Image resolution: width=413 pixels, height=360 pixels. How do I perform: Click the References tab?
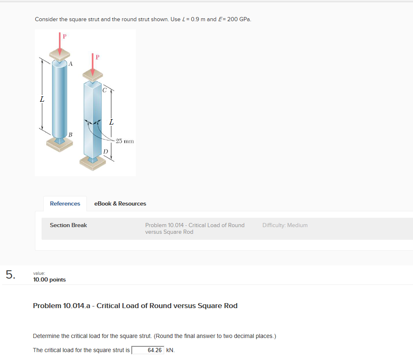pyautogui.click(x=65, y=203)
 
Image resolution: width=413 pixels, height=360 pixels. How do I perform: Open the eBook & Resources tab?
pyautogui.click(x=120, y=203)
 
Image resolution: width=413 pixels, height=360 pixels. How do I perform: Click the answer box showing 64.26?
pyautogui.click(x=148, y=350)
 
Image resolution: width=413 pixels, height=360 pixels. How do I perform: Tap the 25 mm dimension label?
pyautogui.click(x=125, y=141)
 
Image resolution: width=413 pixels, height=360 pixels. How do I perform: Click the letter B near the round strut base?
pyautogui.click(x=70, y=134)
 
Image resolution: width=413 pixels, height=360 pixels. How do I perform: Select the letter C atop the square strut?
pyautogui.click(x=105, y=89)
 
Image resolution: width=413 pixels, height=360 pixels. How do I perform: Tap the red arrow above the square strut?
pyautogui.click(x=93, y=66)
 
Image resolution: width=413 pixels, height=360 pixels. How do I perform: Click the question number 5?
pyautogui.click(x=10, y=274)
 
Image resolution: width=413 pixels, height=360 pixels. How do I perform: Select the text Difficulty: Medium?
pyautogui.click(x=285, y=225)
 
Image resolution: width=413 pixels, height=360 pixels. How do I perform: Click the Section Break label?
pyautogui.click(x=69, y=225)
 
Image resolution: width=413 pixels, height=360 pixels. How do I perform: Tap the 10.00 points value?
pyautogui.click(x=49, y=279)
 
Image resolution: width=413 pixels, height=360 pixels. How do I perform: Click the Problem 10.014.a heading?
pyautogui.click(x=135, y=306)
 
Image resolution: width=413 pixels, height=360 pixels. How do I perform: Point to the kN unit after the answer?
pyautogui.click(x=170, y=350)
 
